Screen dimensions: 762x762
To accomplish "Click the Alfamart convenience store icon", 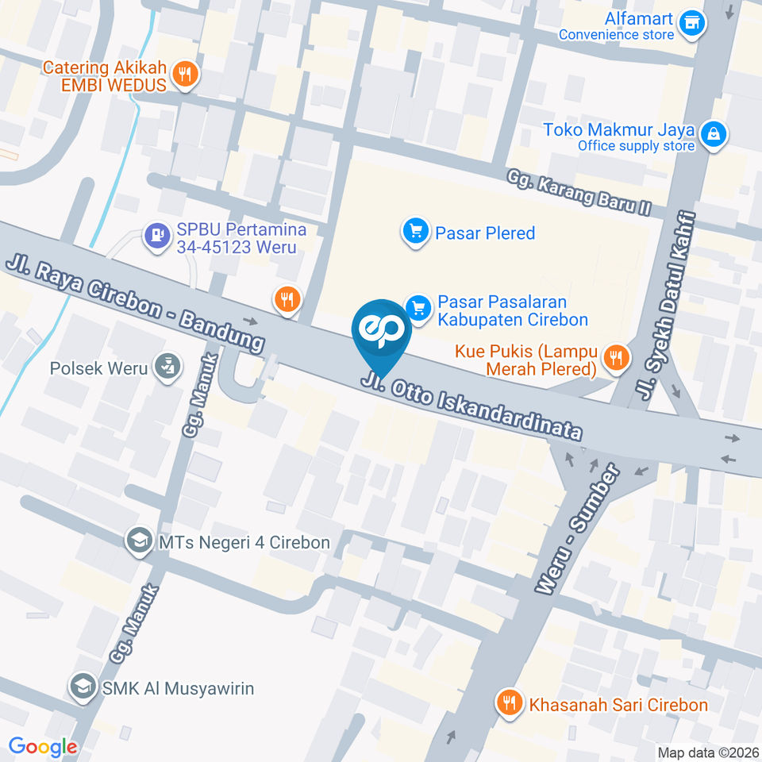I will (693, 21).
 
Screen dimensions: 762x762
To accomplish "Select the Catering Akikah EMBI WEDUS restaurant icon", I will (185, 74).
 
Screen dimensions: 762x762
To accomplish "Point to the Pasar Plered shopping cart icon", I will (414, 233).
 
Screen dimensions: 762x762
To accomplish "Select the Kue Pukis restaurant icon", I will (614, 356).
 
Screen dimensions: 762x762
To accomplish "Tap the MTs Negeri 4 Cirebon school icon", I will (139, 542).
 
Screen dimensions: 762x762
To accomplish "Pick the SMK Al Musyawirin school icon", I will (82, 687).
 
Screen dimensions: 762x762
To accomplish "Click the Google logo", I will (43, 746).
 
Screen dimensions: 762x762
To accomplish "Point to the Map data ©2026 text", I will (707, 752).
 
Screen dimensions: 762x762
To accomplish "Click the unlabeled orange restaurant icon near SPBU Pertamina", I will (287, 299).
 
